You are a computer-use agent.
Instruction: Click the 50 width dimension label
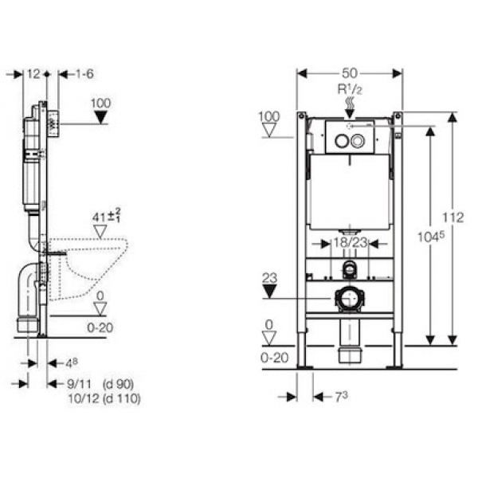tap(350, 73)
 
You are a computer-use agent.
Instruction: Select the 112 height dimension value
tap(453, 217)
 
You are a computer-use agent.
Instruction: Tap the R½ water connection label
tap(350, 89)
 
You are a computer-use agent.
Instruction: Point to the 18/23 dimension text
tap(350, 243)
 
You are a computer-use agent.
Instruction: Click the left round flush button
tap(342, 141)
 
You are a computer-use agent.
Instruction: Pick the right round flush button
tap(358, 141)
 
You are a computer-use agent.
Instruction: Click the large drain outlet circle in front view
tap(350, 299)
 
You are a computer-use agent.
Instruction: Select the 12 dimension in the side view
tap(33, 74)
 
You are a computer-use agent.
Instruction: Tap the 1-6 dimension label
tap(84, 74)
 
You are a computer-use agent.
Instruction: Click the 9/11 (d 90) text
tap(100, 384)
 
